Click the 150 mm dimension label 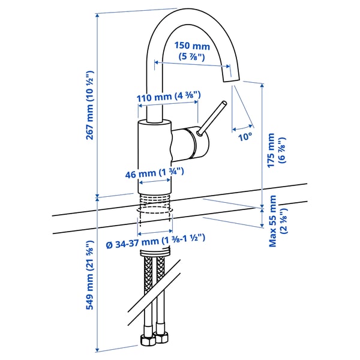coord(192,46)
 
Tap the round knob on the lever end coord(223,104)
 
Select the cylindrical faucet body coord(154,144)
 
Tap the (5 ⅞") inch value coord(192,57)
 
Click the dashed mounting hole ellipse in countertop coord(154,211)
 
